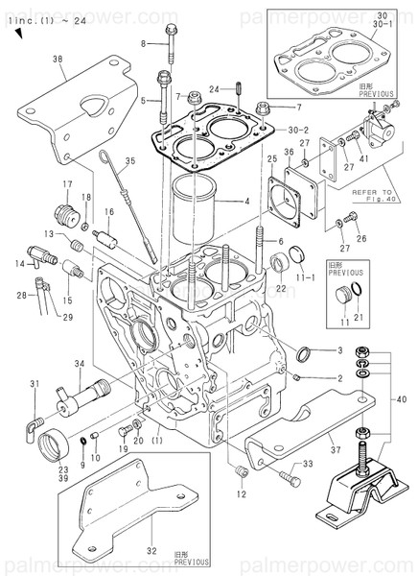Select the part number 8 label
145,44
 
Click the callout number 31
34,385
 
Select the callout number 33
309,465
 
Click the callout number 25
272,157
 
